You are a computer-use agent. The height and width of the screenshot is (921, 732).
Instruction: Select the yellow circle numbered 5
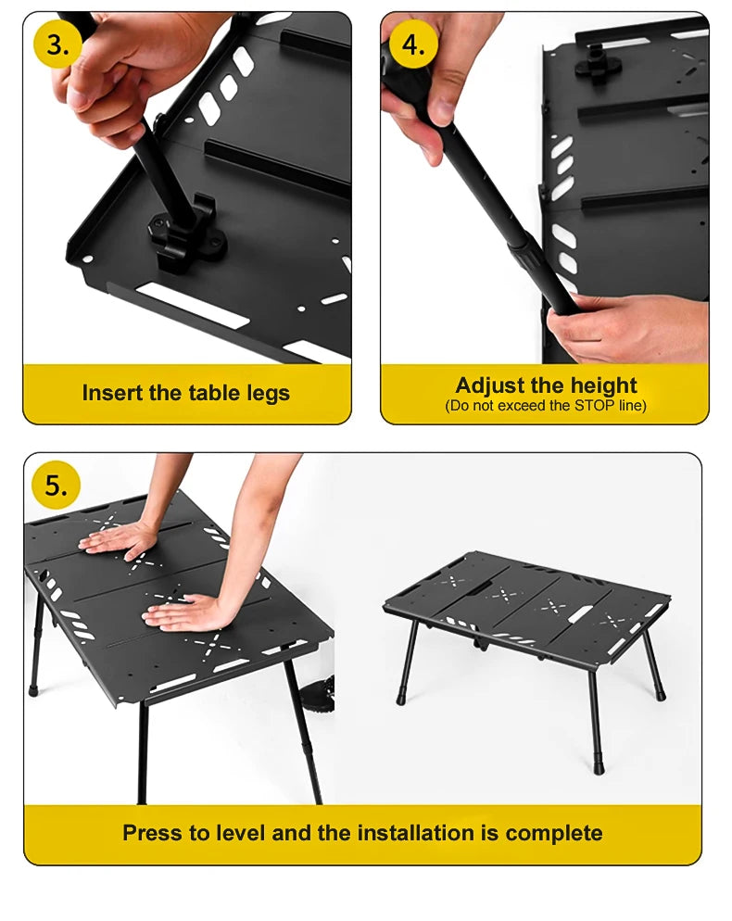[56, 486]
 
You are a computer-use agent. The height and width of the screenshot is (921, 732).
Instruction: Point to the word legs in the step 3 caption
[267, 394]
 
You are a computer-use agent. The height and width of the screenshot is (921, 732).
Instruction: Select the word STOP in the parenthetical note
[595, 406]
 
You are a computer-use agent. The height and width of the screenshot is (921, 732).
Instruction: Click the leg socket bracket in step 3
[187, 238]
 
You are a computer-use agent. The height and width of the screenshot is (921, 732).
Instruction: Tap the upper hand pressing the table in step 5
[118, 539]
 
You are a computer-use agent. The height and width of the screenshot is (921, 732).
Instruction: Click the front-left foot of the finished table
[402, 697]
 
